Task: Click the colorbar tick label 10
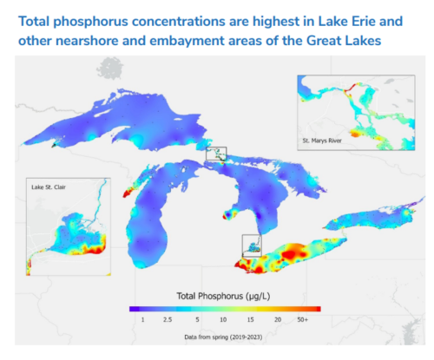tap(223, 320)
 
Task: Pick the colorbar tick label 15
tap(250, 320)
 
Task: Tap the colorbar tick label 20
tap(277, 320)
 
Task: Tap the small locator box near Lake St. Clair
tap(252, 245)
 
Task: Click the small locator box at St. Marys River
tap(216, 154)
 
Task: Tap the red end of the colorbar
tap(318, 308)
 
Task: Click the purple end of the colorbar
tap(131, 308)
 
